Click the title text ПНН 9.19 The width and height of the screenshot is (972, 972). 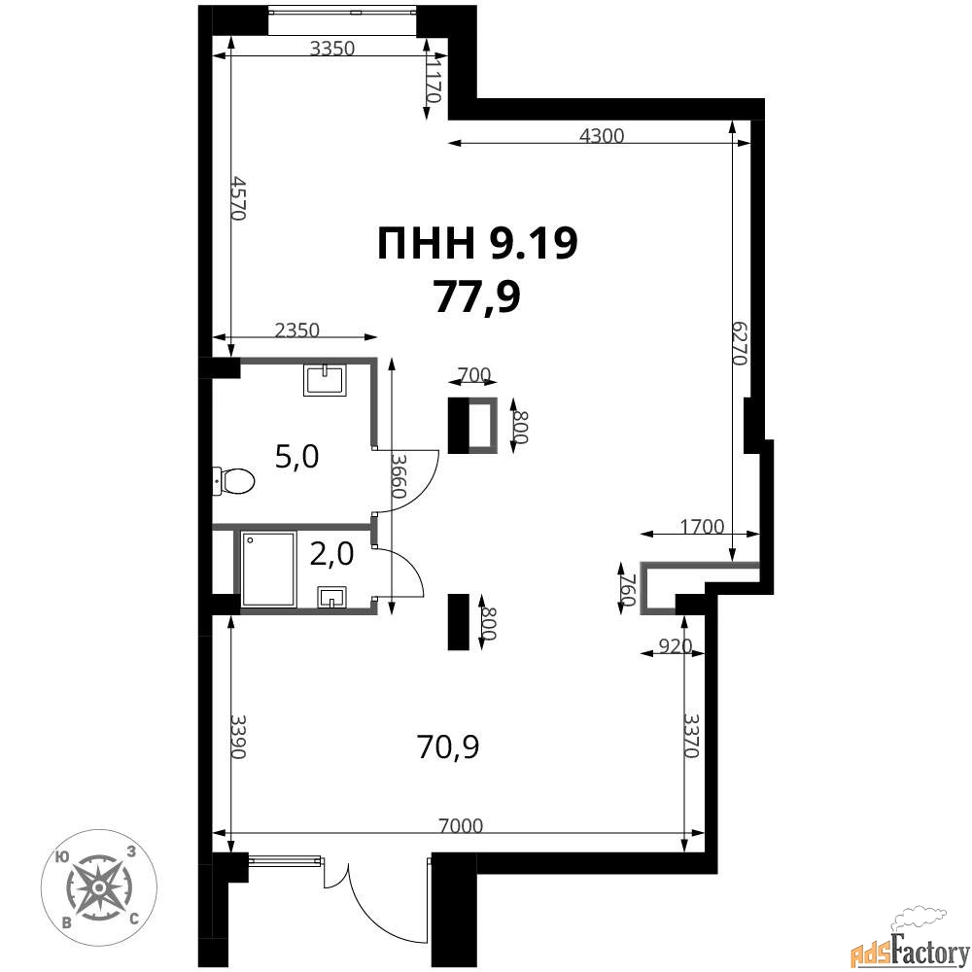tap(477, 244)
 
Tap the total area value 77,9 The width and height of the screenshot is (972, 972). tap(476, 296)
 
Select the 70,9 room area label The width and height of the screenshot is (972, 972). tap(448, 746)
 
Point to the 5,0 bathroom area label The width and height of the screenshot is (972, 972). tap(296, 457)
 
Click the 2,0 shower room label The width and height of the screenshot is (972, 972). tap(331, 554)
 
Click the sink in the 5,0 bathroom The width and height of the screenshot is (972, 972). tap(325, 379)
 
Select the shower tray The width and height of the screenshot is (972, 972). tap(268, 569)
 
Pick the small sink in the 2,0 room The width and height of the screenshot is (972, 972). tap(332, 598)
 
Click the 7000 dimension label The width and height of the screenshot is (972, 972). tap(460, 825)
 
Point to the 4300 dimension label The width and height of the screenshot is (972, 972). tap(602, 136)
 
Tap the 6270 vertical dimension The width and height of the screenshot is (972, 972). tap(741, 343)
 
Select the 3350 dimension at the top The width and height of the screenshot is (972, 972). tap(332, 49)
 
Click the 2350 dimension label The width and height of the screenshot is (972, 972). tap(296, 330)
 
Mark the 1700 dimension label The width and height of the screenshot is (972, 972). tap(702, 526)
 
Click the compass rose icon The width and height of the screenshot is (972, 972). tap(99, 887)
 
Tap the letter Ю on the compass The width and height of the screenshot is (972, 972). tap(61, 857)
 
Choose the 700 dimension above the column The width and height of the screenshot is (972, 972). tap(473, 374)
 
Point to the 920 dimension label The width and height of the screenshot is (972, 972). tap(675, 646)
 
